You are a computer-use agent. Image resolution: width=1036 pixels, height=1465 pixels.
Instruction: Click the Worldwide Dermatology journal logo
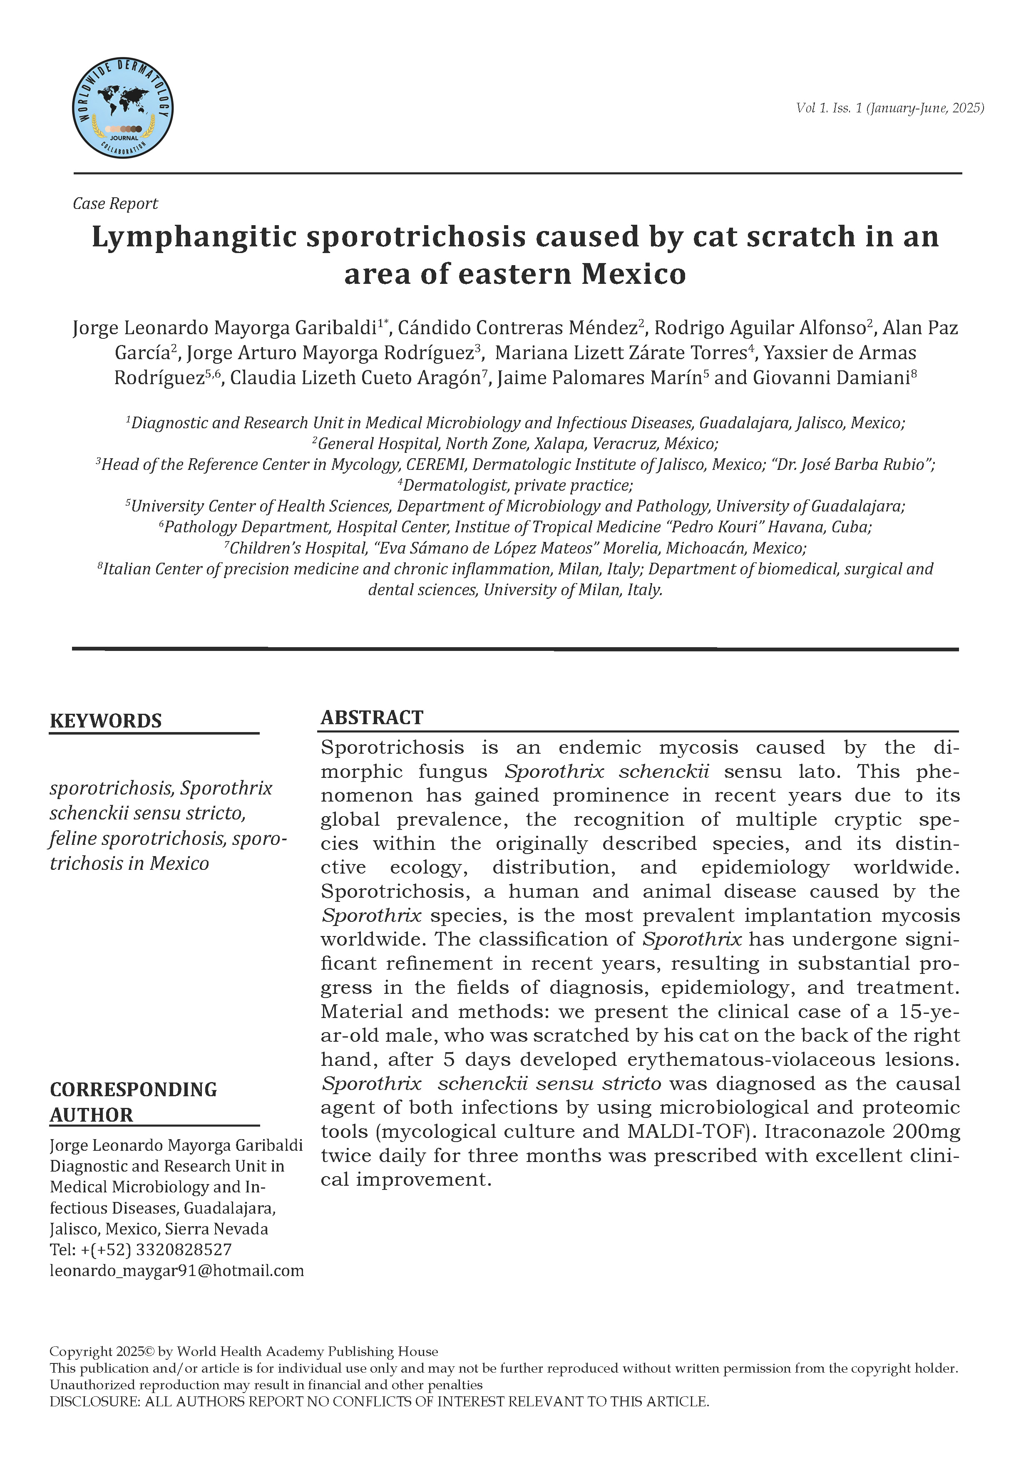click(x=122, y=107)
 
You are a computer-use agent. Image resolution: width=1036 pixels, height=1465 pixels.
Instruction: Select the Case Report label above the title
click(x=115, y=204)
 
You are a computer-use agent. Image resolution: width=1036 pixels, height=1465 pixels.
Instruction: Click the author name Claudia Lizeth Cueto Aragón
click(x=355, y=378)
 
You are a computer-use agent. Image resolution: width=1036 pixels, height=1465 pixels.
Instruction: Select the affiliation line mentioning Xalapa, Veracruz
click(x=515, y=444)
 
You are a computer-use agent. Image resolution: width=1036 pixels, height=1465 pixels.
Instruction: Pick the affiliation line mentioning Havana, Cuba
click(x=515, y=527)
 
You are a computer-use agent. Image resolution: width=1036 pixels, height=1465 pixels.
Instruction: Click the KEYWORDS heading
click(x=106, y=721)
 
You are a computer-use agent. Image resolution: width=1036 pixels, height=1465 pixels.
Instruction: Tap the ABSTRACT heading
click(x=372, y=718)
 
